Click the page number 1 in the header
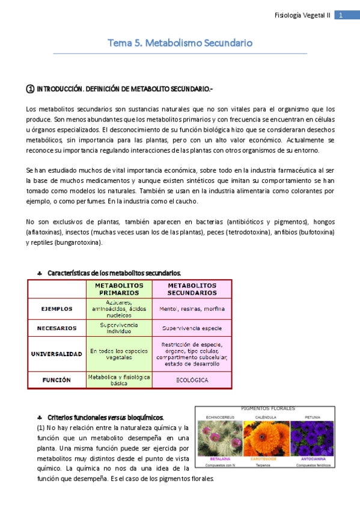click(340, 15)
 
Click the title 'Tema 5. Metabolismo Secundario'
click(180, 43)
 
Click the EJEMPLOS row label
click(56, 309)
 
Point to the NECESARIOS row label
click(56, 328)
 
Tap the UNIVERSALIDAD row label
click(56, 354)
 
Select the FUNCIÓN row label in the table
click(56, 380)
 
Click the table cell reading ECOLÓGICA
click(192, 380)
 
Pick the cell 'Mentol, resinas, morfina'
click(192, 309)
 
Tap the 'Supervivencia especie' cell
click(192, 328)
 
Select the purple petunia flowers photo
click(311, 440)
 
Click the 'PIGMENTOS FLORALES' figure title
click(266, 408)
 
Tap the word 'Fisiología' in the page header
click(291, 15)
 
